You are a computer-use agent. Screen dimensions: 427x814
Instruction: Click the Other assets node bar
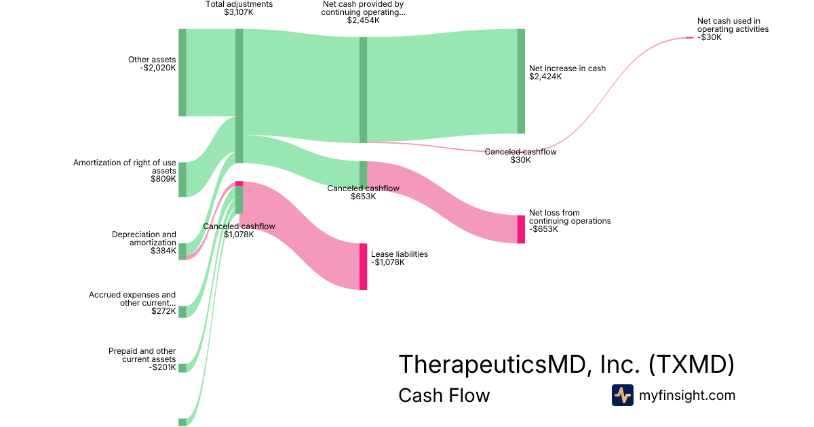click(x=182, y=73)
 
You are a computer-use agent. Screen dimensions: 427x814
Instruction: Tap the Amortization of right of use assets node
click(x=182, y=180)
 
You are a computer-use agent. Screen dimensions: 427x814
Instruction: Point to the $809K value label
click(x=163, y=179)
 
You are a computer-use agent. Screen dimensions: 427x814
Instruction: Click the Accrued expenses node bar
click(x=182, y=312)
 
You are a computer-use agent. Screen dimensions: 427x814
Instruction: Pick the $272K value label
click(x=163, y=311)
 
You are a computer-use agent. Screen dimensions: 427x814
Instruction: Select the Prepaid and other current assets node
click(x=182, y=368)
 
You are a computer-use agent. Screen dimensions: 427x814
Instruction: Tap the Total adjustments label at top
click(x=239, y=4)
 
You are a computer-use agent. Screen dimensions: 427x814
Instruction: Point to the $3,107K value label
click(x=239, y=12)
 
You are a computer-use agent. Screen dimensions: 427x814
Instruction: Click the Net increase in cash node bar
click(x=521, y=81)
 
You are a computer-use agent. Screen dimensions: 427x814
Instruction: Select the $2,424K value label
click(x=545, y=77)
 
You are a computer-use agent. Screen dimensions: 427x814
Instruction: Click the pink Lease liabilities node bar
click(x=363, y=266)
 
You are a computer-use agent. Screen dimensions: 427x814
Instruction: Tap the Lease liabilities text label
click(x=400, y=254)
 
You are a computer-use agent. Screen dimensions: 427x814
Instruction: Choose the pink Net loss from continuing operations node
click(x=521, y=229)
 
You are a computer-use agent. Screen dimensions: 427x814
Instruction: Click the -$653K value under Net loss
click(x=543, y=229)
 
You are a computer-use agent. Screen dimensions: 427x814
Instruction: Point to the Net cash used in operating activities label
click(x=733, y=25)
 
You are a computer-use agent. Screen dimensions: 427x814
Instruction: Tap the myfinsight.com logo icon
click(x=622, y=395)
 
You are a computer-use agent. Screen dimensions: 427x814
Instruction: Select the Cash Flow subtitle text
click(x=444, y=395)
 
